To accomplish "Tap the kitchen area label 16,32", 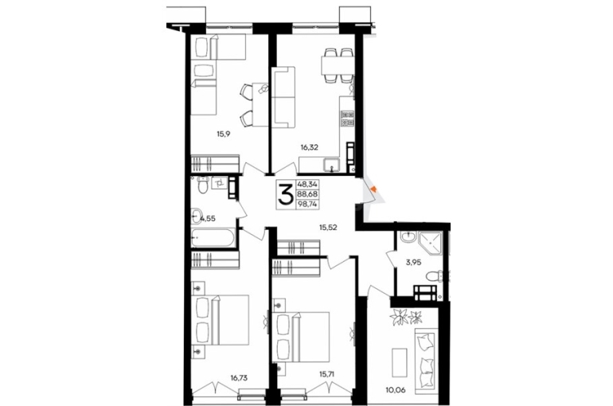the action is (309, 147).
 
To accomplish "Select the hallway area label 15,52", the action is (328, 227).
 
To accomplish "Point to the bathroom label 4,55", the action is (208, 219).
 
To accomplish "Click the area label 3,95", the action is (413, 263).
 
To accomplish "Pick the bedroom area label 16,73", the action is (239, 378).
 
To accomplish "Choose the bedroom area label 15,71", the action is (328, 374).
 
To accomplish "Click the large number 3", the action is (285, 194).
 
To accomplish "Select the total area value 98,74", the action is (307, 204).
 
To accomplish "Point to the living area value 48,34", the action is (307, 183).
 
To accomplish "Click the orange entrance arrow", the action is (373, 189).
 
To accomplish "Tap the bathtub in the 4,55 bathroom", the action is (213, 237).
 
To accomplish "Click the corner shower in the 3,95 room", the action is (431, 243).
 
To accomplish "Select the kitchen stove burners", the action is (348, 119).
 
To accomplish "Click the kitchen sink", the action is (331, 165).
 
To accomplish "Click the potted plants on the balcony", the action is (405, 317).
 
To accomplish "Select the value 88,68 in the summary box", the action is (307, 193).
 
